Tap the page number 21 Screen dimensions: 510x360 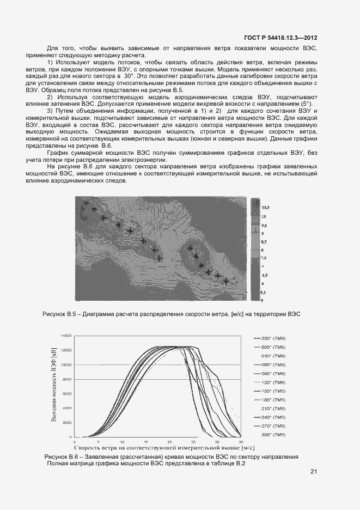pos(314,471)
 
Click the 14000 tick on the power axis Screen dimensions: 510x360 pos(66,335)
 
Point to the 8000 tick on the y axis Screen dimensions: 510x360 pos(67,379)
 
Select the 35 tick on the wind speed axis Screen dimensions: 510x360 pos(241,441)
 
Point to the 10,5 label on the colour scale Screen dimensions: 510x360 pos(266,208)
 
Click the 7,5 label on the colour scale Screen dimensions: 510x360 pos(264,258)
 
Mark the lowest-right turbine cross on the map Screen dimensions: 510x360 pos(225,281)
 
